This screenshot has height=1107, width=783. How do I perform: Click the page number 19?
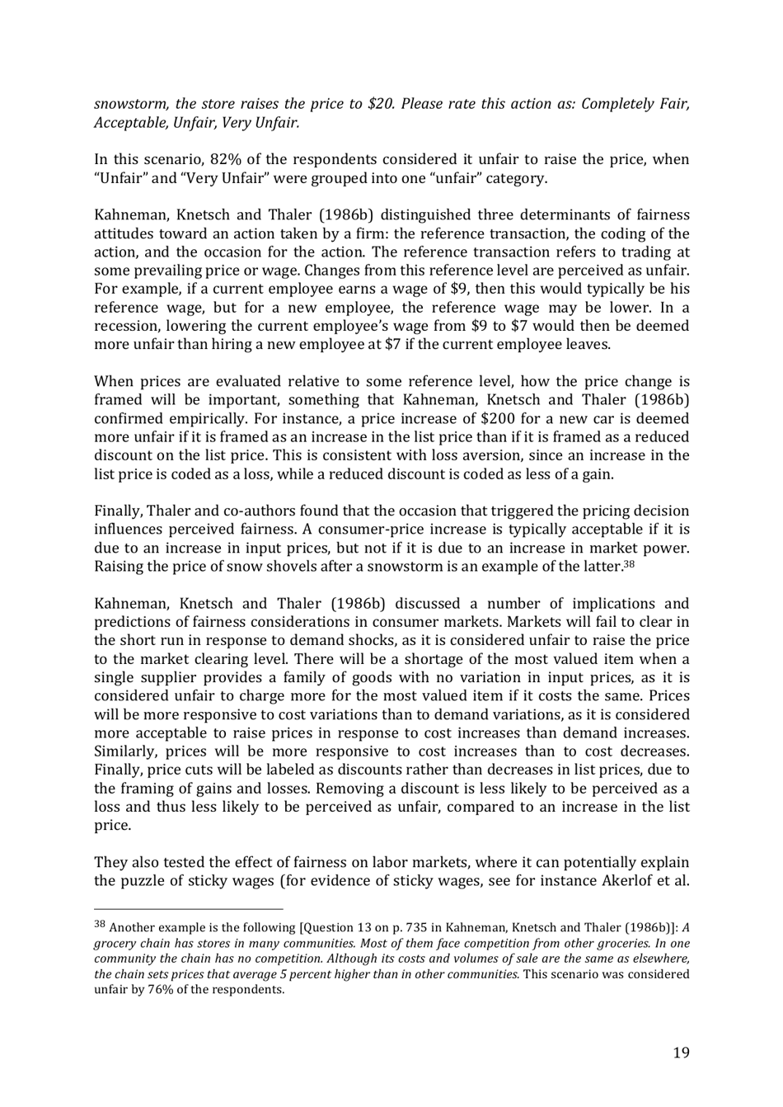(x=681, y=1052)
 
